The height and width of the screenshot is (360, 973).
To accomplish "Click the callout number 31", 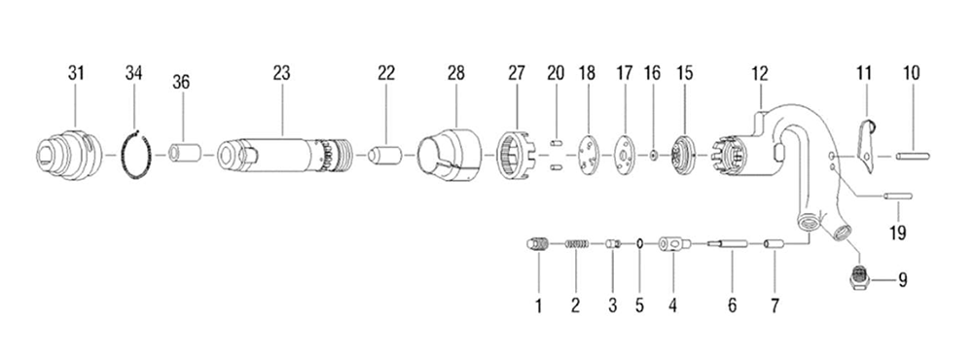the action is tap(76, 73).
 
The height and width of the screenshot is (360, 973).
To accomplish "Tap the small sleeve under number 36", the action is tap(184, 154).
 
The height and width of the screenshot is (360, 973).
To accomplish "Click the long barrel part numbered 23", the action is tap(285, 155).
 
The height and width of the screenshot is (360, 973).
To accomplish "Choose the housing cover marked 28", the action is tap(449, 155).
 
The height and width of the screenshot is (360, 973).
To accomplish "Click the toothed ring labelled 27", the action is tap(517, 155).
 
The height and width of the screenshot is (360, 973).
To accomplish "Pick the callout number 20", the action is tap(556, 73).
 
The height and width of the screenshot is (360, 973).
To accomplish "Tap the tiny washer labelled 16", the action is tap(654, 155).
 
